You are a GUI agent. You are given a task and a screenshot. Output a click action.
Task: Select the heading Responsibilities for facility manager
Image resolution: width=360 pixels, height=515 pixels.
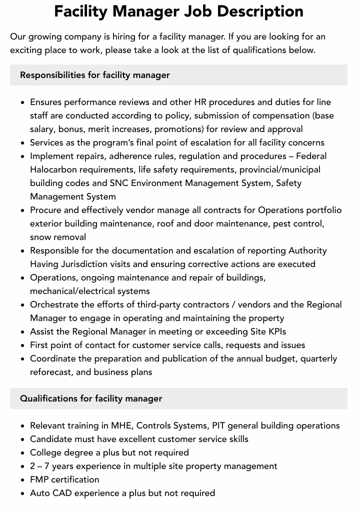(95, 75)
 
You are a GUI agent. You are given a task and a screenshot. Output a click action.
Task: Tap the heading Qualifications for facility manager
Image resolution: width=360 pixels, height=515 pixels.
(91, 398)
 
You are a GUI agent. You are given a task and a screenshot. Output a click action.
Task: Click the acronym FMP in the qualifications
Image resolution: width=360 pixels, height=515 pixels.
(40, 479)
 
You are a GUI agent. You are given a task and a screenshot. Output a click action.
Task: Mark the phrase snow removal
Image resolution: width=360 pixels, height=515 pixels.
(58, 237)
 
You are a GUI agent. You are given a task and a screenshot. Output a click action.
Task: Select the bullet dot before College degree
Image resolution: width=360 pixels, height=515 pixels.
(23, 453)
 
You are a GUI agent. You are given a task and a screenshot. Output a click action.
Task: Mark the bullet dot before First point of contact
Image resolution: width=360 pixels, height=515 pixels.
(23, 345)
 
